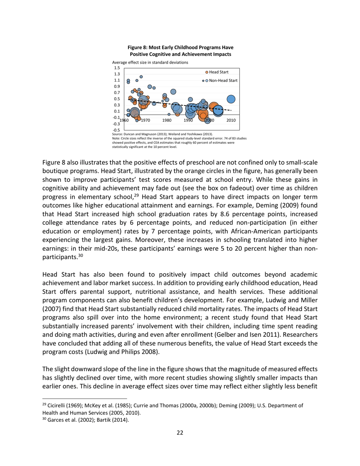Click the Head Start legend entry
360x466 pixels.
coord(217,72)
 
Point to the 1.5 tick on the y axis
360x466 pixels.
coord(117,68)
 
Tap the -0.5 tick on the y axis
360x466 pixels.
coord(117,130)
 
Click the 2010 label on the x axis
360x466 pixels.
coord(231,120)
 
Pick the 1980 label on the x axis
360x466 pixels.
coord(167,120)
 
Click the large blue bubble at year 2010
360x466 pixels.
coord(231,99)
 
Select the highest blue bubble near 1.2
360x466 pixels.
coord(141,77)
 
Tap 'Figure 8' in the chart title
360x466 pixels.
coord(137,47)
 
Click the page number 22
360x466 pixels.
coord(180,433)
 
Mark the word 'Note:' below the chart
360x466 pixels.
coord(117,138)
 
